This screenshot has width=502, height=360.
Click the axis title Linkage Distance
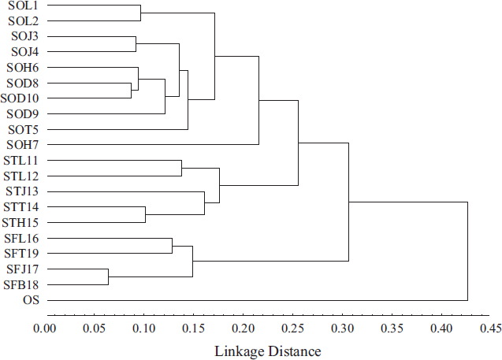pos(268,351)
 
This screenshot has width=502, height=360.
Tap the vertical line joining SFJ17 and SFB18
pos(108,276)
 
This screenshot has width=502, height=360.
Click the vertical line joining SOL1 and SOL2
pos(140,13)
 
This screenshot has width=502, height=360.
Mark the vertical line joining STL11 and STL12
pos(181,169)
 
